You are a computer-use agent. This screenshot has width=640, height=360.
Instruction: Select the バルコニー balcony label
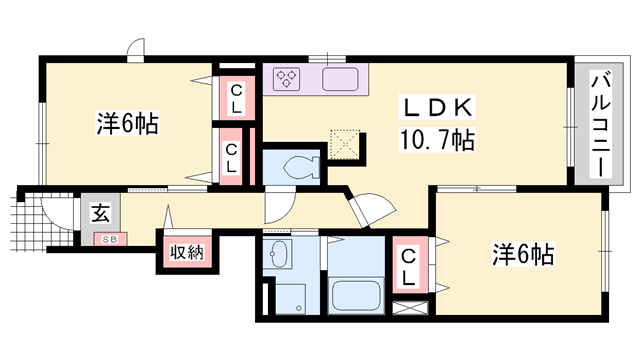tap(598, 122)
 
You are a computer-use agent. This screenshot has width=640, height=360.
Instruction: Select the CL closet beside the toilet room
tap(231, 157)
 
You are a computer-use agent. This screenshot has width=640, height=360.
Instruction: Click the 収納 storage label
tap(186, 252)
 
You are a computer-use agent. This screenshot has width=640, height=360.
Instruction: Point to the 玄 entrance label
tap(101, 213)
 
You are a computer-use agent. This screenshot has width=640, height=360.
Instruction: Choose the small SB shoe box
tap(103, 239)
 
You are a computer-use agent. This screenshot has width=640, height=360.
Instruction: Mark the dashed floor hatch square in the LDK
tap(346, 145)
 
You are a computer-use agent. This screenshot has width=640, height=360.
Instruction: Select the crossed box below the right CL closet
tap(410, 309)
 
